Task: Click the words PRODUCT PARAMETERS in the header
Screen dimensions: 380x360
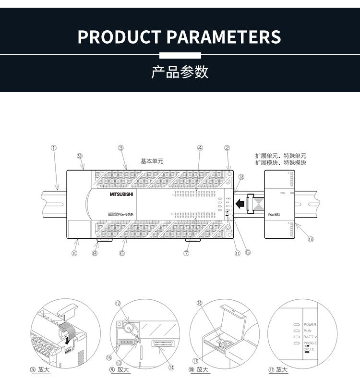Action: coord(180,37)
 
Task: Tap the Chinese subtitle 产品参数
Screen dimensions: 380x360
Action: coord(180,72)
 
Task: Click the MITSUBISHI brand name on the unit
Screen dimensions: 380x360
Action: coord(123,195)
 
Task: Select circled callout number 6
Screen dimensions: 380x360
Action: coord(122,253)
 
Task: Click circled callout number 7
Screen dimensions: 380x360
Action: coord(186,253)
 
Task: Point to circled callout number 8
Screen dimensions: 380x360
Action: coord(95,253)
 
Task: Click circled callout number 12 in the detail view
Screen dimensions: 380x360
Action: coord(118,303)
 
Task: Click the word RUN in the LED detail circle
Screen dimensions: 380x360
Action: coord(308,331)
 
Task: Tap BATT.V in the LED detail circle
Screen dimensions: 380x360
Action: coord(310,337)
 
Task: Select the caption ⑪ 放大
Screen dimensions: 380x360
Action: coord(278,369)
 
